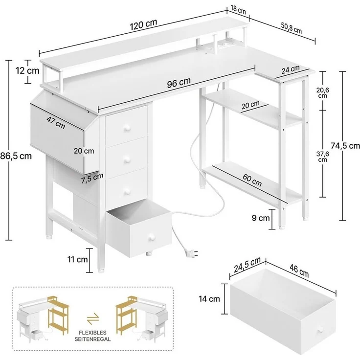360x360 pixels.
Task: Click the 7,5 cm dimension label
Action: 93,176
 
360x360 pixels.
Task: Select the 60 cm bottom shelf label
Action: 251,182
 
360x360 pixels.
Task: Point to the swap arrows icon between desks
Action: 91,320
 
